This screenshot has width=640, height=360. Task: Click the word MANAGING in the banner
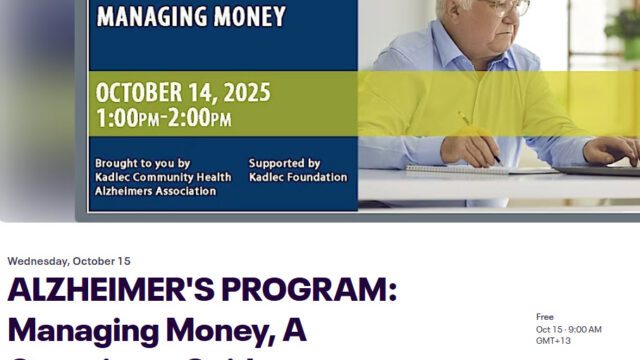click(x=158, y=16)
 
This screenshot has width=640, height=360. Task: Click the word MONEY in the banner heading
click(x=255, y=16)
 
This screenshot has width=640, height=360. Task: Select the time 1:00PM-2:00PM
click(x=163, y=119)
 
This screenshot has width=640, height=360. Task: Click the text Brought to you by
click(x=142, y=163)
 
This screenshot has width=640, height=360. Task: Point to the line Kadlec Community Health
click(x=162, y=177)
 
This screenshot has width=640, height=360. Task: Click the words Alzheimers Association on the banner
click(x=155, y=191)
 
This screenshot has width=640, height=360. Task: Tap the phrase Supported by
click(x=284, y=163)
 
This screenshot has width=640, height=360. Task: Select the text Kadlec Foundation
click(x=297, y=177)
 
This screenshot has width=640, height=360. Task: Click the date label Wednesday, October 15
click(x=69, y=261)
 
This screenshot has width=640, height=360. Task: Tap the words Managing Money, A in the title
click(x=156, y=330)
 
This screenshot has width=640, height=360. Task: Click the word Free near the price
click(x=545, y=316)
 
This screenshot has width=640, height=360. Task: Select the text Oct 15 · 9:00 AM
click(x=569, y=329)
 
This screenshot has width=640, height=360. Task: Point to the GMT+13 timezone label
click(x=553, y=341)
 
